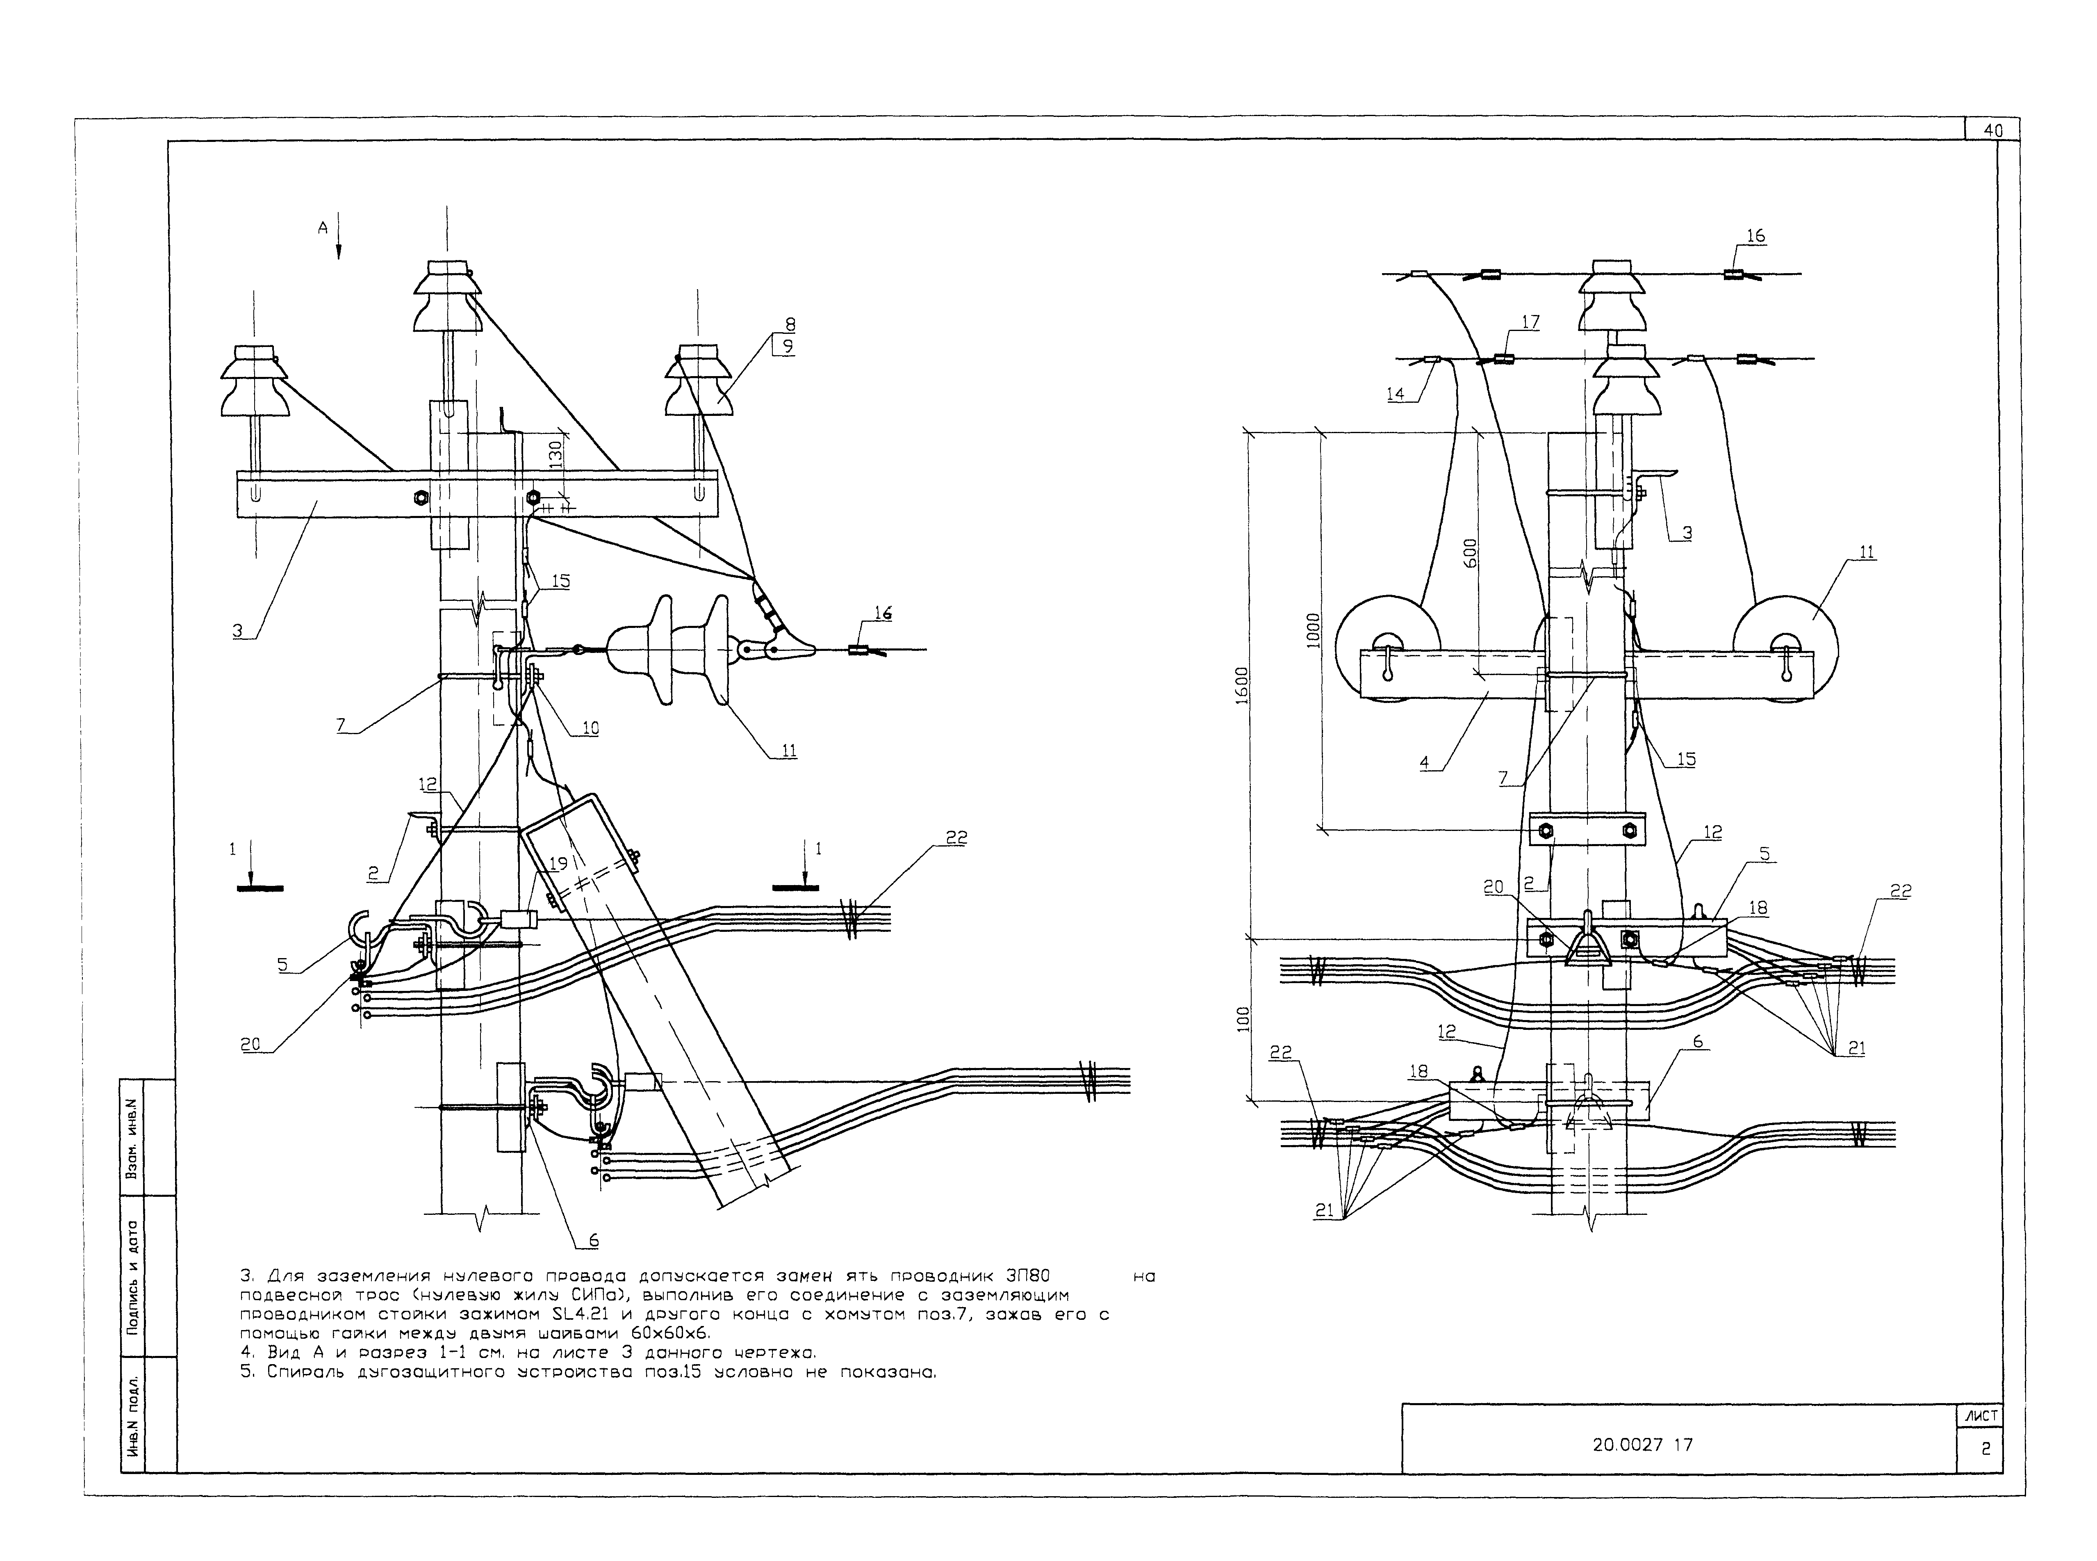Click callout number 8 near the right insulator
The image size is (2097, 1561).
790,324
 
